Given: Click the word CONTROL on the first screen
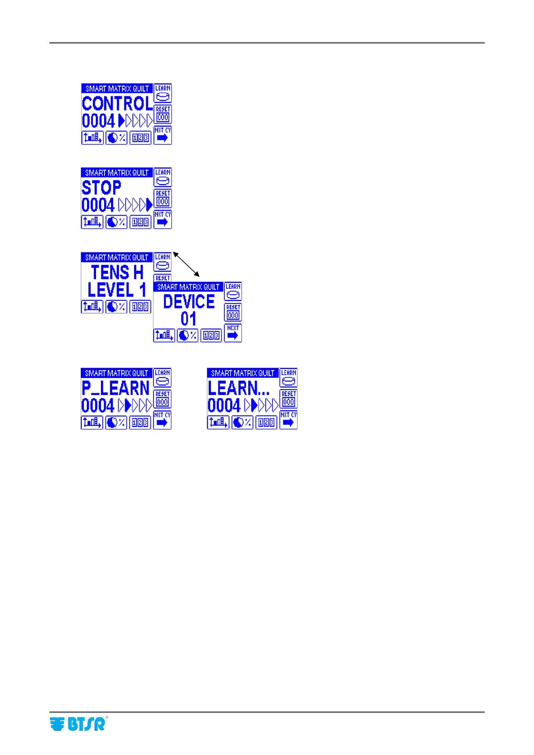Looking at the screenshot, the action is point(117,104).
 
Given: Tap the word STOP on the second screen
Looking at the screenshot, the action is point(101,188).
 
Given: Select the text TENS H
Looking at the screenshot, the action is point(117,273).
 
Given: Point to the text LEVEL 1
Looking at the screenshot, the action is point(117,290).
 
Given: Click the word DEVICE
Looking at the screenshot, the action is point(188,302).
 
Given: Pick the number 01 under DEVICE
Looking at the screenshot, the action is point(188,319).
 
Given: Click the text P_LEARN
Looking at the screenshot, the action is point(115,388).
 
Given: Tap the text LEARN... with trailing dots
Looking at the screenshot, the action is point(238,388).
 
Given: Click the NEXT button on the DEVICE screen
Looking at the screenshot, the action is point(233,333).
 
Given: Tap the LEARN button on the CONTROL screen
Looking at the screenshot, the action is point(163,93).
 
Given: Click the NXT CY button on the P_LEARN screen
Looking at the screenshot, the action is point(162,421).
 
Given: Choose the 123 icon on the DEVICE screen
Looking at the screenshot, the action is point(211,335).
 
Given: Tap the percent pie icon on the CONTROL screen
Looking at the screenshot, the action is point(116,138).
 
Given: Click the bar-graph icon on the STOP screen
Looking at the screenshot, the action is point(92,222).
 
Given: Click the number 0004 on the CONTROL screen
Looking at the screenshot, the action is point(99,121).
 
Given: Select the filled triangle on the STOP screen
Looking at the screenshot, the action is point(149,205).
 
